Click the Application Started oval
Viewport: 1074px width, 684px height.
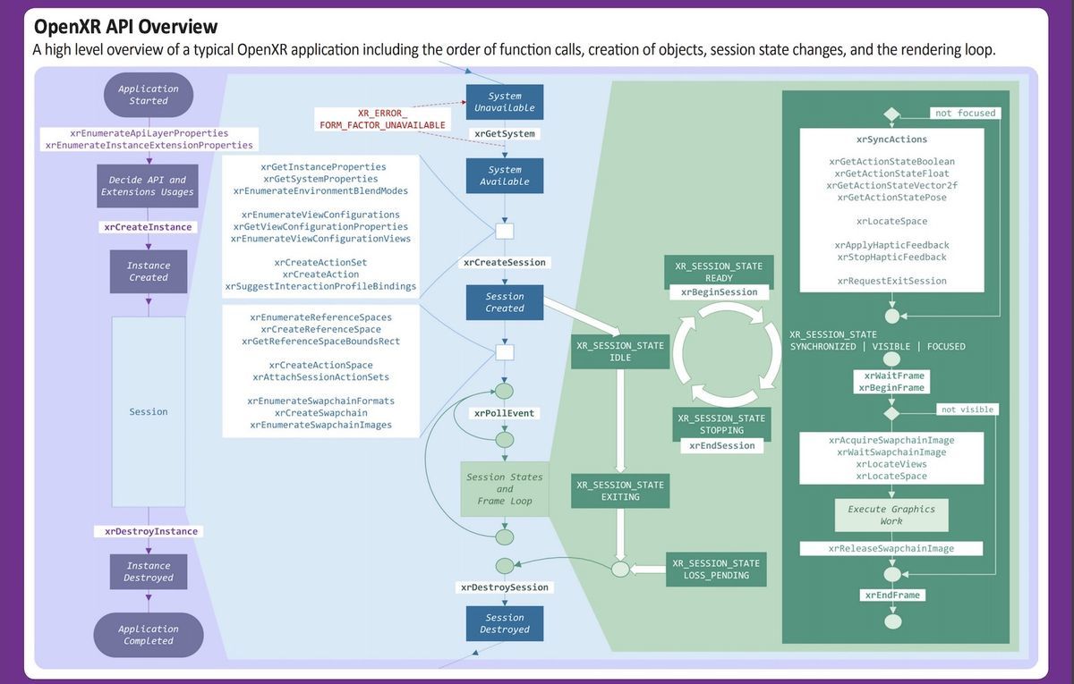[149, 95]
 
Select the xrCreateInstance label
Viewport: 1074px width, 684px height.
[148, 227]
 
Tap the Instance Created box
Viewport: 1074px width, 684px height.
[149, 272]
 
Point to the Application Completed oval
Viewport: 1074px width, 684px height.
[149, 635]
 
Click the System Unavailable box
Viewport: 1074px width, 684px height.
[505, 102]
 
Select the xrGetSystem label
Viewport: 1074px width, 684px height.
[505, 134]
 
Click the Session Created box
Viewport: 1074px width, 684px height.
[505, 302]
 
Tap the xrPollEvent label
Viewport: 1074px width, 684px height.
[505, 413]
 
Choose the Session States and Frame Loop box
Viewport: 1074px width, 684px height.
[505, 489]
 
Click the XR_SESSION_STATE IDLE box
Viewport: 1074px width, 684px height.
[620, 351]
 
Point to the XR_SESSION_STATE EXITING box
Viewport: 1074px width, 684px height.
[620, 491]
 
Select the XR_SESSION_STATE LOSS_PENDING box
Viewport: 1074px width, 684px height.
[716, 570]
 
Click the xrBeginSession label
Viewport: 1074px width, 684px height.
[719, 292]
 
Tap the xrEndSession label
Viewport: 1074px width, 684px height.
[721, 445]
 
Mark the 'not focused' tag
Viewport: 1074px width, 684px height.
[965, 114]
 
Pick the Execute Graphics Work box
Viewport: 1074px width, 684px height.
[891, 515]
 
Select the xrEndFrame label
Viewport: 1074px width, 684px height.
[891, 595]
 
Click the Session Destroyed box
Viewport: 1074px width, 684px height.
[505, 623]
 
